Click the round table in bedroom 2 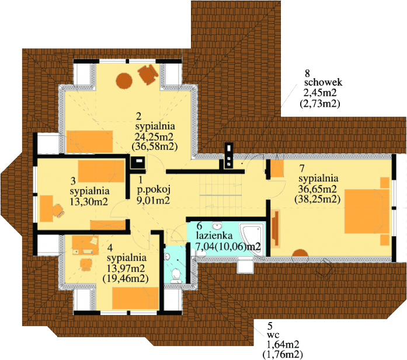click(x=124, y=81)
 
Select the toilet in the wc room click(x=176, y=275)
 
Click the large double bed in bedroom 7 click(x=367, y=211)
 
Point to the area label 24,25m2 click(x=154, y=137)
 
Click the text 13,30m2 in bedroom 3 click(x=89, y=201)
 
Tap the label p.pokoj click(x=154, y=190)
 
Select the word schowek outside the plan click(x=323, y=82)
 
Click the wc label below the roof click(x=273, y=334)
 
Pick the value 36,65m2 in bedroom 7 click(x=317, y=188)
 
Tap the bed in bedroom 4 click(x=135, y=298)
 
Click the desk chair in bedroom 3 click(x=58, y=211)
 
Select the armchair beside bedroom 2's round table click(x=148, y=74)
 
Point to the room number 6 click(x=199, y=225)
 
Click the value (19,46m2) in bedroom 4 click(x=126, y=278)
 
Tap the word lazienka click(x=214, y=236)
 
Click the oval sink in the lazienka click(x=217, y=226)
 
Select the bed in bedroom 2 click(x=89, y=141)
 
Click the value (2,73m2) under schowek click(x=319, y=104)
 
